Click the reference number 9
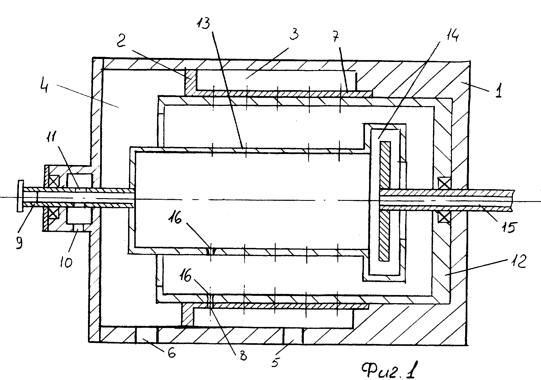(x=20, y=241)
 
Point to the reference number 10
(x=66, y=261)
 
